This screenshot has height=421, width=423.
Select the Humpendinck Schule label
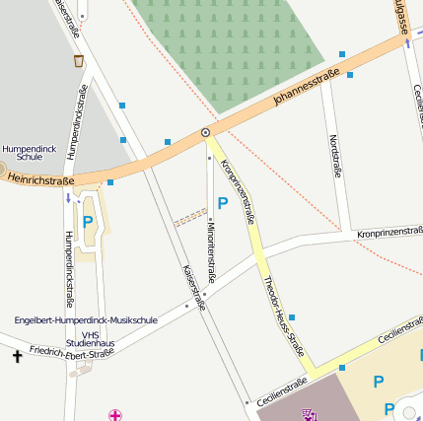pyautogui.click(x=22, y=151)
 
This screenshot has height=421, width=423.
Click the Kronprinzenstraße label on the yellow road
pyautogui.click(x=238, y=190)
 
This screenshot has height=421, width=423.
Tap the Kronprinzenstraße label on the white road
pyautogui.click(x=389, y=233)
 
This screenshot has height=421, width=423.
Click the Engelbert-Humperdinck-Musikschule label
pyautogui.click(x=86, y=320)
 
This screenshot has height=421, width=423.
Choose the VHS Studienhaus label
pyautogui.click(x=98, y=338)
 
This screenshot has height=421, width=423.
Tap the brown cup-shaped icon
pyautogui.click(x=78, y=61)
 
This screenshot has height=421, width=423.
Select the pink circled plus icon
pyautogui.click(x=115, y=415)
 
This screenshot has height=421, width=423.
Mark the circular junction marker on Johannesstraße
pyautogui.click(x=205, y=132)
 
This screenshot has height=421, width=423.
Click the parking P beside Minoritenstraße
pyautogui.click(x=223, y=203)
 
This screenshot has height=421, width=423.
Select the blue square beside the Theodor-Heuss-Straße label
pyautogui.click(x=292, y=317)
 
